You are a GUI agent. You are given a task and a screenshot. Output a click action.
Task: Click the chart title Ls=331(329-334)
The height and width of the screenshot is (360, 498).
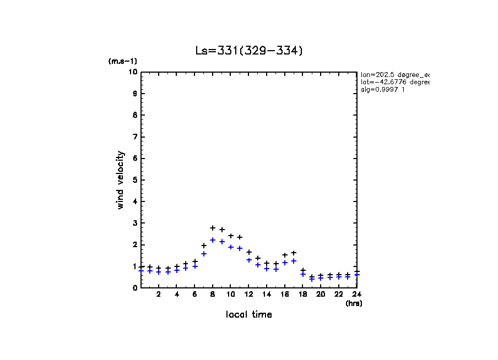click(x=249, y=51)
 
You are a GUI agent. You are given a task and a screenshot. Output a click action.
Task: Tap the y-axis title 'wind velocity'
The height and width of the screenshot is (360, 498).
click(x=121, y=180)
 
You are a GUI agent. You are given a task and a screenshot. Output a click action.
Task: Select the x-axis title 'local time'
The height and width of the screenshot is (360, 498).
click(x=248, y=314)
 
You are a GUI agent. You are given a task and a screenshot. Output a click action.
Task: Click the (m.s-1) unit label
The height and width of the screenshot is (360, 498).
click(x=122, y=62)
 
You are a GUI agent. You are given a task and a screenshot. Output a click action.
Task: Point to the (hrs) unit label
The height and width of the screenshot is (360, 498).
click(x=353, y=303)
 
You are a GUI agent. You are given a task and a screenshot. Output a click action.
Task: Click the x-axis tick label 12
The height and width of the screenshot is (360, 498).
click(x=248, y=294)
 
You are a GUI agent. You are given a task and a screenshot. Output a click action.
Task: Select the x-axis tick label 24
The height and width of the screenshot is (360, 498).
click(x=356, y=294)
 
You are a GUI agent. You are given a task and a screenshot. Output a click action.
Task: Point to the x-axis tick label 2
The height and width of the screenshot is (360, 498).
click(x=159, y=294)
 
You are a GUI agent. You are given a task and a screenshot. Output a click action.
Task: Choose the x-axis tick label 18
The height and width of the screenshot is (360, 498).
click(x=302, y=294)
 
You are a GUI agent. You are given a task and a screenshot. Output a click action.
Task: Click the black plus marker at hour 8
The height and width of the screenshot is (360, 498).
click(x=213, y=228)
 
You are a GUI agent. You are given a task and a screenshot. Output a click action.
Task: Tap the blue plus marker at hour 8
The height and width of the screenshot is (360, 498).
click(x=213, y=240)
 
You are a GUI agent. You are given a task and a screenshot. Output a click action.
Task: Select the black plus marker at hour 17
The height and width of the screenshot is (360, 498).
click(x=294, y=253)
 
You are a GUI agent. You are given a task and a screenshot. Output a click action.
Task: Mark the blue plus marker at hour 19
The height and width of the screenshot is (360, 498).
click(x=312, y=279)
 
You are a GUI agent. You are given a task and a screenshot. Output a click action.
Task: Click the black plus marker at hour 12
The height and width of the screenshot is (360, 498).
click(x=248, y=252)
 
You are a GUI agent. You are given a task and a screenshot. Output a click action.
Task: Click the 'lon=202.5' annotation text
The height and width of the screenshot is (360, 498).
click(x=394, y=74)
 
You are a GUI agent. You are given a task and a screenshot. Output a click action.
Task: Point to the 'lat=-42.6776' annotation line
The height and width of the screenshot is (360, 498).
click(x=394, y=82)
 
